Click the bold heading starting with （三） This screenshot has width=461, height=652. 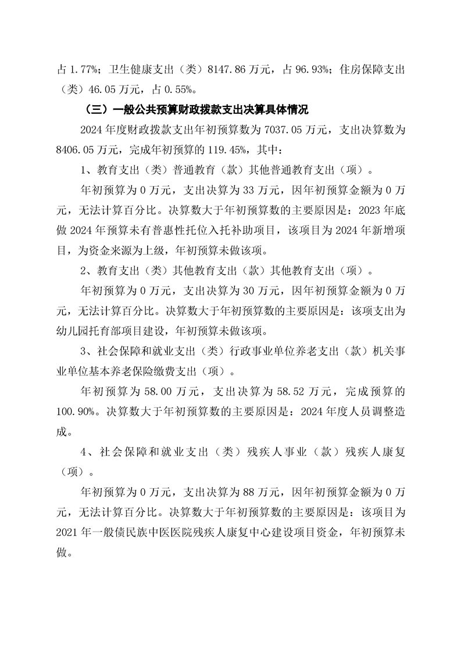click(196, 109)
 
